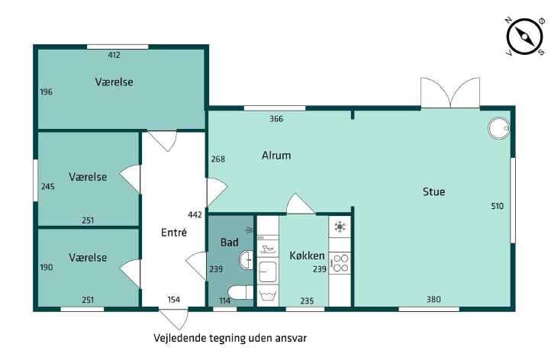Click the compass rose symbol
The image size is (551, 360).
pos(524,36)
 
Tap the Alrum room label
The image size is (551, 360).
pos(276,156)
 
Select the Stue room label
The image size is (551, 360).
pos(433,191)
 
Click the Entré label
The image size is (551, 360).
pos(173,232)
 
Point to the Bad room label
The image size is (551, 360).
pos(230,242)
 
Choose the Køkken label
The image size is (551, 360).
pos(307,256)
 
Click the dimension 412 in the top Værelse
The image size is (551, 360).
pos(114,55)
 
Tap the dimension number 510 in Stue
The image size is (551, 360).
pos(497,206)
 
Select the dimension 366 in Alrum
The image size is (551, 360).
pos(276,119)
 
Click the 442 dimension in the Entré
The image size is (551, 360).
pos(195,214)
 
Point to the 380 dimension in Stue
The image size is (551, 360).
pos(433,299)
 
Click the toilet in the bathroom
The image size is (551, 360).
pos(240,292)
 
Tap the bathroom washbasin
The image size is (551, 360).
pos(246,260)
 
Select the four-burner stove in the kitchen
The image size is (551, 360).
pos(340,263)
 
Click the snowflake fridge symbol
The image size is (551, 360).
pos(340,227)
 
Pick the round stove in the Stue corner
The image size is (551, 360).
pos(498,128)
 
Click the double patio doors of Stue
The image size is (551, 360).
pos(450,92)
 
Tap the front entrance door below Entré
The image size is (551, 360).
pos(173,319)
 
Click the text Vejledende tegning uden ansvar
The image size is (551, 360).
pos(230,338)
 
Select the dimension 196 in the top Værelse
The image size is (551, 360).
pos(46,92)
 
